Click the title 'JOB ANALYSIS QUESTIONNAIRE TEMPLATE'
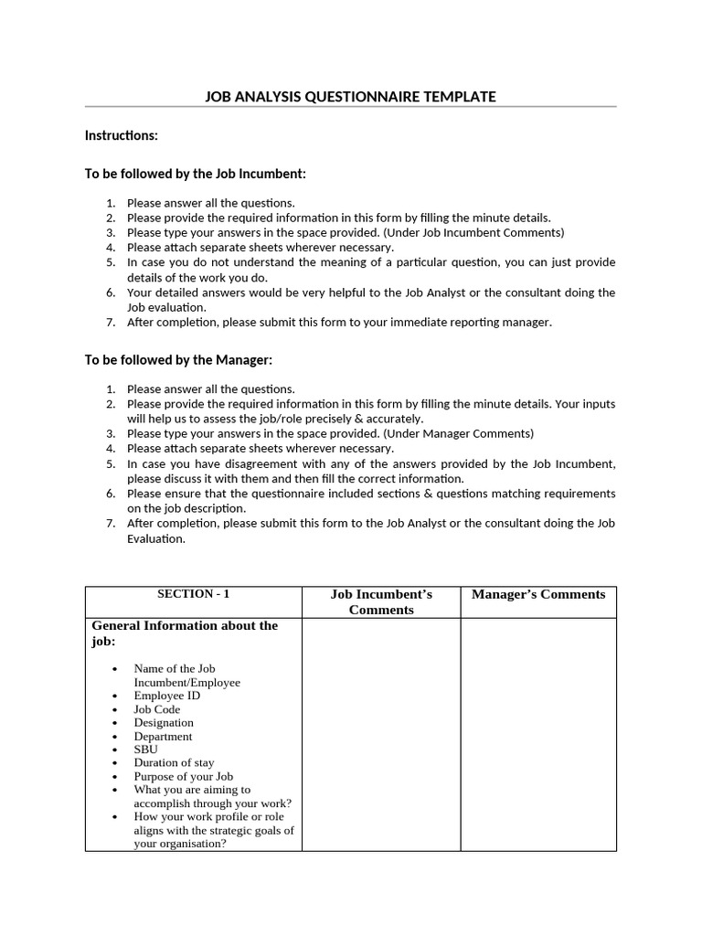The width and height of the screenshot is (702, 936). coord(350,96)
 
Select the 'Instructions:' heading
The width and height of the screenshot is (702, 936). coord(122,135)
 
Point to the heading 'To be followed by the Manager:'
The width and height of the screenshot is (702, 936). coord(178,360)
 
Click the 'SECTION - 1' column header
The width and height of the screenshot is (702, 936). coord(193,594)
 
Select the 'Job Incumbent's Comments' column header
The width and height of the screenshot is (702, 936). coord(381,601)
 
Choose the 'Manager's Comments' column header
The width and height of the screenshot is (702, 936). coord(538,594)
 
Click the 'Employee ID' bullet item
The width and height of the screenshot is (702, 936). coord(166,696)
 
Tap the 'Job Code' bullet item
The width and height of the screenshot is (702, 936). coord(157,709)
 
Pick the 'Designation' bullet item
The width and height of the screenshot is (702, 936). coord(164,722)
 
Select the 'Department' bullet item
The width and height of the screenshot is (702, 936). coord(163,736)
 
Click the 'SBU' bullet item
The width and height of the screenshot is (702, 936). coord(145,749)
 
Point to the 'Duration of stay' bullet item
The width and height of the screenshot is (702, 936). coord(174,762)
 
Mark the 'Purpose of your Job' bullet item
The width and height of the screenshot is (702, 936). coord(183,776)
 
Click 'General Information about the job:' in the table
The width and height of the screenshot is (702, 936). coord(185,633)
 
